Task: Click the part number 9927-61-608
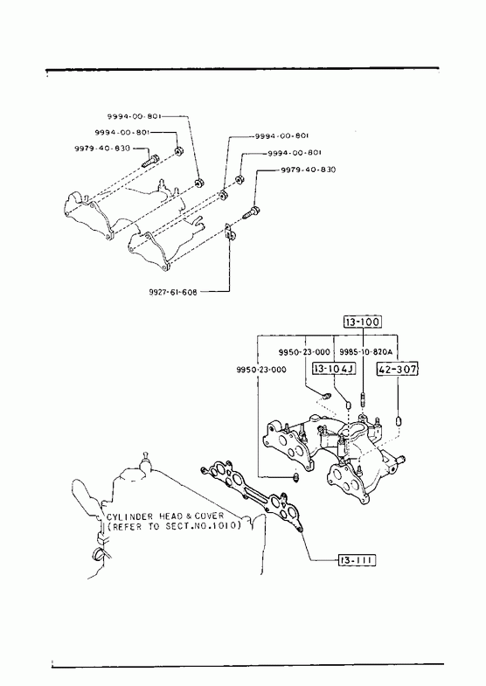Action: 173,292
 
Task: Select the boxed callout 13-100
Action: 362,322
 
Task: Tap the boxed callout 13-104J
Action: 334,369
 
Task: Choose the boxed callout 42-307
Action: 397,370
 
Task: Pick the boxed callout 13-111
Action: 357,559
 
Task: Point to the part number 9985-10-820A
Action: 365,351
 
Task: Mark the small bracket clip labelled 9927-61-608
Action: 230,232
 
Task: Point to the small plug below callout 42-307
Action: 399,421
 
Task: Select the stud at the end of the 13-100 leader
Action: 363,399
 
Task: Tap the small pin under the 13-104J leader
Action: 349,405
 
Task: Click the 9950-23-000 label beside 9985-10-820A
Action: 304,352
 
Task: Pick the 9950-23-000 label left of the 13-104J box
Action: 261,370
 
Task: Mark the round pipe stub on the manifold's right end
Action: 399,460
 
